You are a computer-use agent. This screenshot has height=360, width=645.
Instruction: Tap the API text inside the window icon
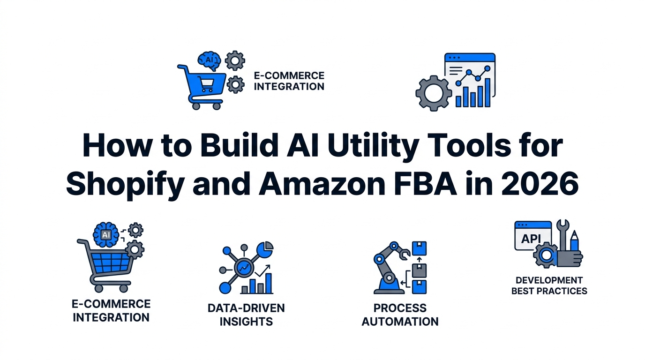531,239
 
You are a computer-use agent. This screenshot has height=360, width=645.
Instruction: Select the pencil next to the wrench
575,241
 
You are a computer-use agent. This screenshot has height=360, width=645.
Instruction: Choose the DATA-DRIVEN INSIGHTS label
246,315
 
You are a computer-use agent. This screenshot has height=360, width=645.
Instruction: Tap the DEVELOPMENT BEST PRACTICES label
549,285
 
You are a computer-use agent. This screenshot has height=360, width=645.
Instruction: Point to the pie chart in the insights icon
267,247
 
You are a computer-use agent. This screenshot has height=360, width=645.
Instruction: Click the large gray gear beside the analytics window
434,93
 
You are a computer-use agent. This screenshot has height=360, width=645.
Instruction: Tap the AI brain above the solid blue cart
208,60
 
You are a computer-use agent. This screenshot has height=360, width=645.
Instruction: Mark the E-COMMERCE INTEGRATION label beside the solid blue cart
289,81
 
